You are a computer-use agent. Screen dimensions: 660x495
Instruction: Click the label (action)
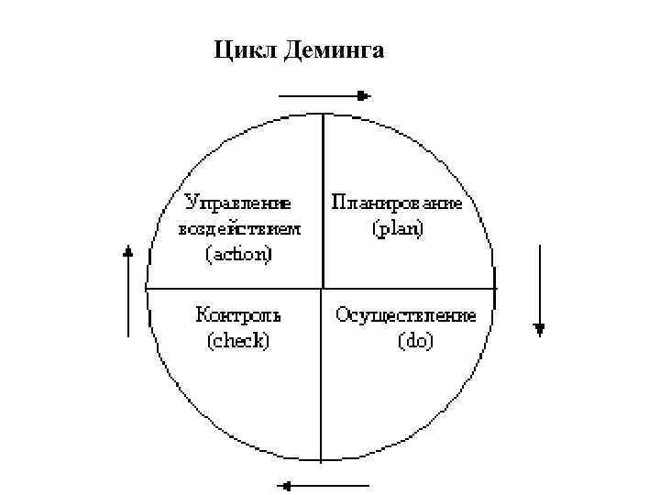237,252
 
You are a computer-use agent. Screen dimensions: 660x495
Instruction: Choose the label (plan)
397,228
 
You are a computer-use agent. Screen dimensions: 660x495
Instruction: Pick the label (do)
415,341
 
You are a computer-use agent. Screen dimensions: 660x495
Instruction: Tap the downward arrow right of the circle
540,290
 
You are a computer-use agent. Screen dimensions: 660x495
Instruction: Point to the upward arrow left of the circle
128,290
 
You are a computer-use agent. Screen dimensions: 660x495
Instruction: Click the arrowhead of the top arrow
364,94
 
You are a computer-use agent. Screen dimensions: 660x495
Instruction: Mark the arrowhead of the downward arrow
540,329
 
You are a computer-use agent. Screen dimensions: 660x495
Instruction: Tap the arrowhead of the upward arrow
128,249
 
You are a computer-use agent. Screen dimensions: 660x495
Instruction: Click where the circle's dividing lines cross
323,289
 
